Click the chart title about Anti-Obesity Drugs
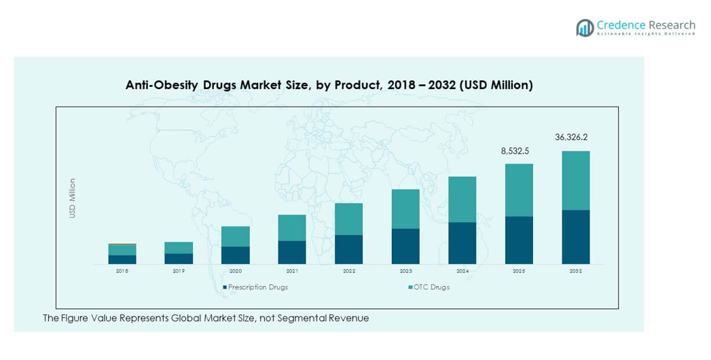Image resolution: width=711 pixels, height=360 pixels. [x=329, y=86]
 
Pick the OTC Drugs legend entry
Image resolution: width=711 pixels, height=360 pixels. [x=430, y=287]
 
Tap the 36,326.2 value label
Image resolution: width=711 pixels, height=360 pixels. [x=571, y=137]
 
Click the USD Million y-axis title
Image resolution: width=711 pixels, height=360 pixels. [x=73, y=198]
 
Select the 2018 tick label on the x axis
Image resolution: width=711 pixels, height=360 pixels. [x=122, y=271]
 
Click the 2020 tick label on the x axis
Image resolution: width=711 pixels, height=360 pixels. [x=235, y=271]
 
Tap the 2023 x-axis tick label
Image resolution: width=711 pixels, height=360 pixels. [x=405, y=271]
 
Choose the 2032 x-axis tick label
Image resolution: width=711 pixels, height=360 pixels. [x=575, y=271]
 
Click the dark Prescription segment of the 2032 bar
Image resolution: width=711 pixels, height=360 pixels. [x=575, y=237]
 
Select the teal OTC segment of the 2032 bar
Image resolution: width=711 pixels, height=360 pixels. [x=575, y=180]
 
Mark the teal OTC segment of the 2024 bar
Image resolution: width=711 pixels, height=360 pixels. [x=462, y=199]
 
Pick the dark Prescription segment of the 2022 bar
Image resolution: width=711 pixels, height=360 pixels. [x=348, y=249]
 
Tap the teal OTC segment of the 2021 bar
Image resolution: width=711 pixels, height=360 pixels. [x=292, y=228]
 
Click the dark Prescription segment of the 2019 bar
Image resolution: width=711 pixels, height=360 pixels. [x=179, y=259]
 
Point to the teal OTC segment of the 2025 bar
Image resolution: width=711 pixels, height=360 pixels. [x=519, y=190]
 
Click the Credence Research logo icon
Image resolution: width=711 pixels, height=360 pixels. [x=585, y=27]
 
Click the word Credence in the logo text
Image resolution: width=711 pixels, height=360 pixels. [x=620, y=24]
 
